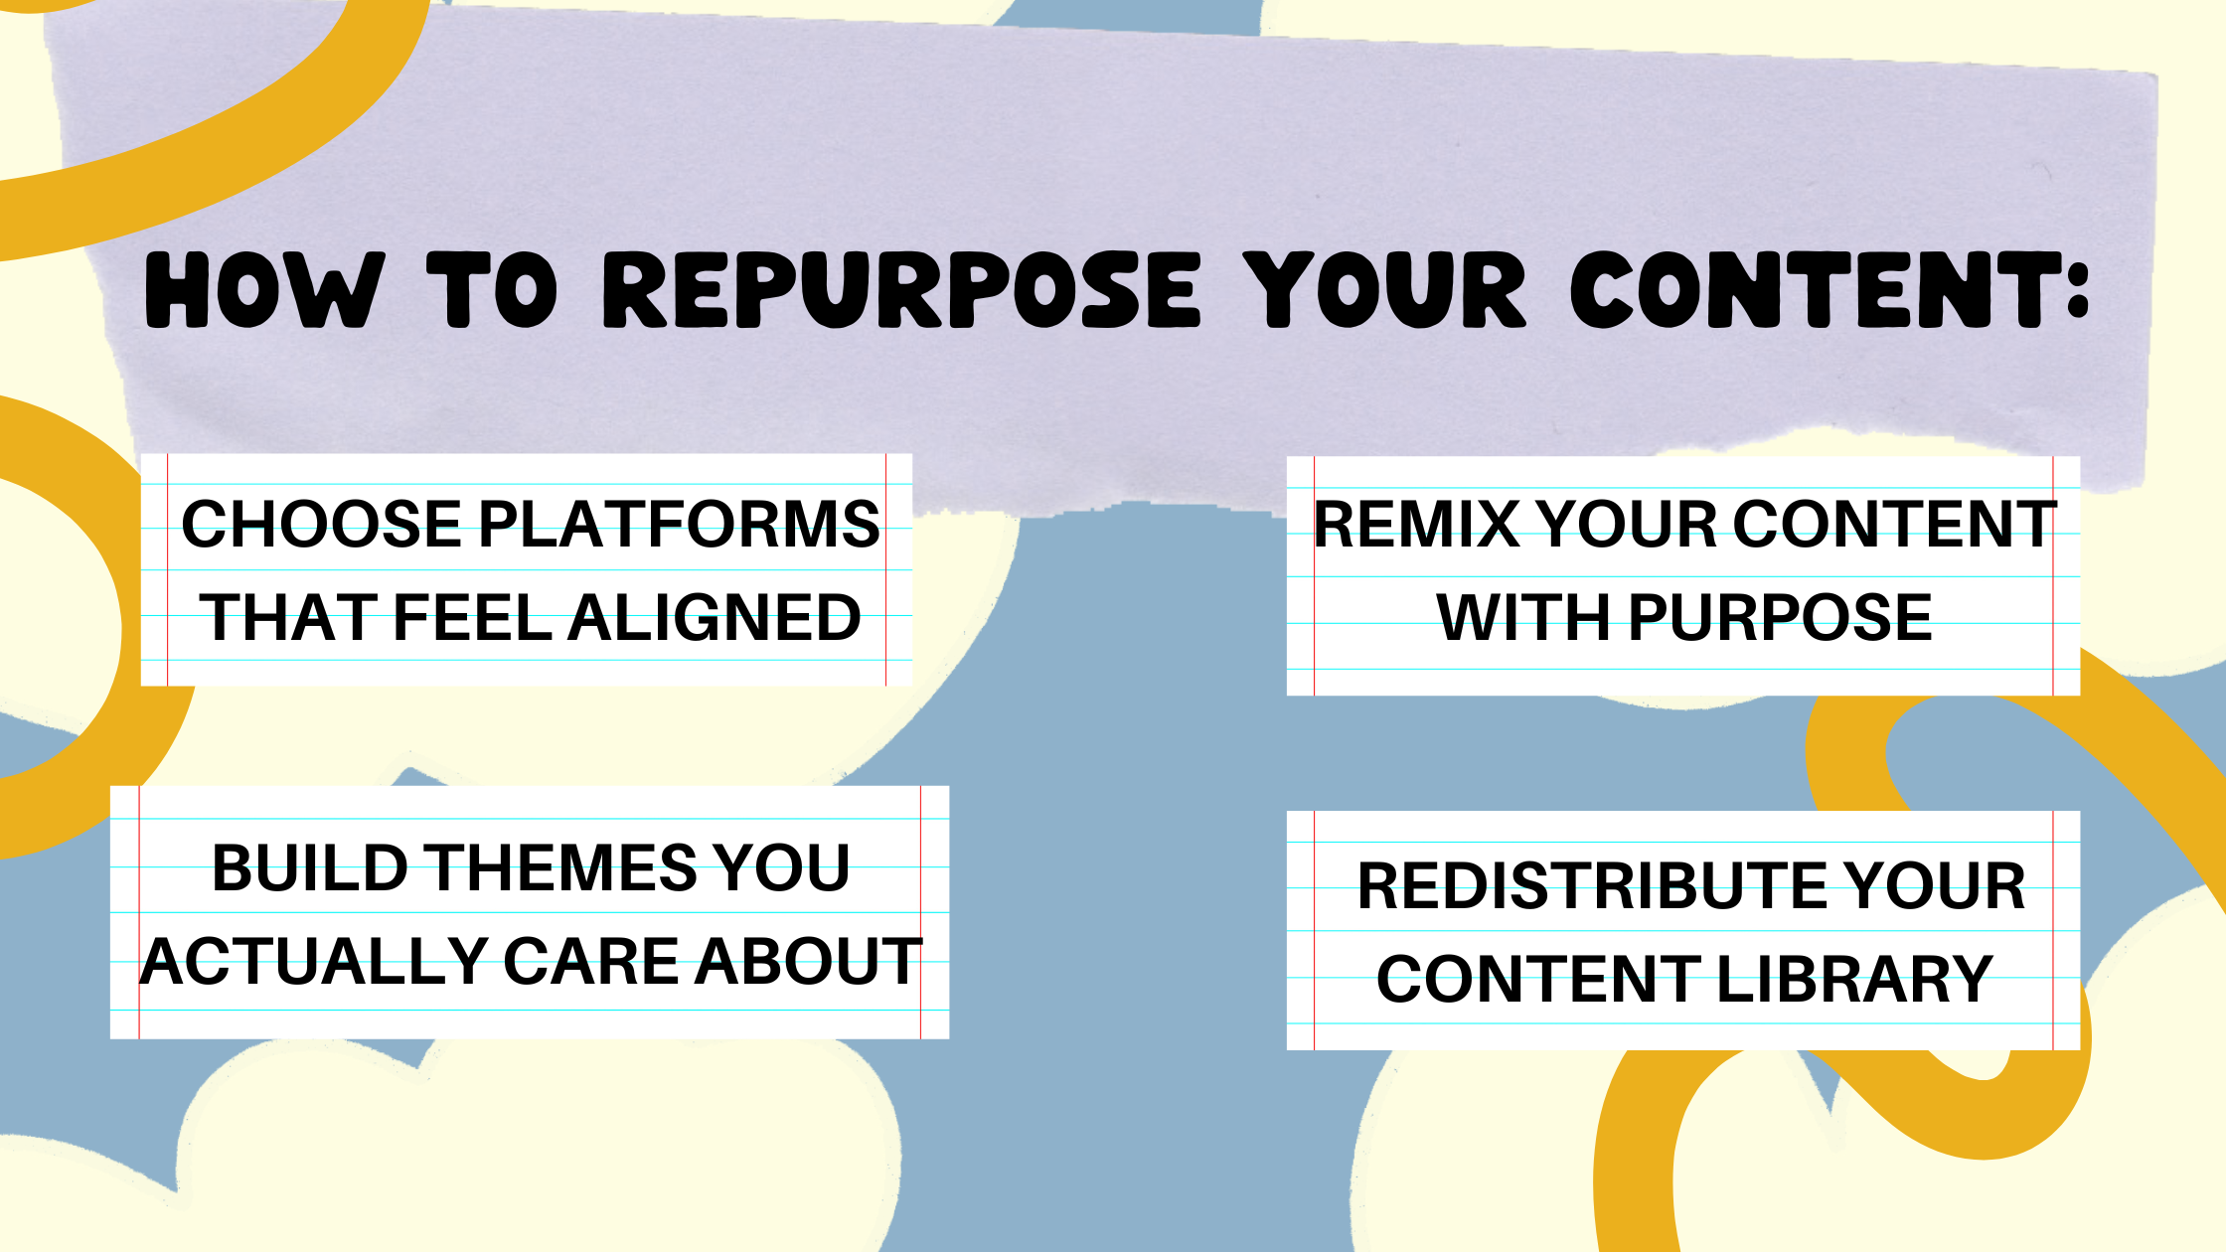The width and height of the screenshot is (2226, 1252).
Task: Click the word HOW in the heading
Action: pos(263,289)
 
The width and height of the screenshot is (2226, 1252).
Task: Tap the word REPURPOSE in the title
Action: pos(901,289)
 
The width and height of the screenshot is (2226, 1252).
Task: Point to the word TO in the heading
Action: pos(492,289)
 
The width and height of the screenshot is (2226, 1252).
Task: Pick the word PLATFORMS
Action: pos(680,524)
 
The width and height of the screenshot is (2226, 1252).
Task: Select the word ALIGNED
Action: pos(715,617)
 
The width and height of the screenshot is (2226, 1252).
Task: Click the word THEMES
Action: pos(559,867)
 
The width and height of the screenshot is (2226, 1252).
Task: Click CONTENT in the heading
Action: pos(1804,289)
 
